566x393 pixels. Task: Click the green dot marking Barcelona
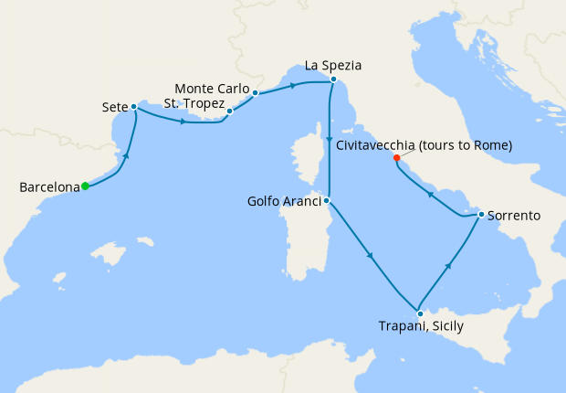(x=85, y=186)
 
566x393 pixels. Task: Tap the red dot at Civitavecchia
(x=396, y=158)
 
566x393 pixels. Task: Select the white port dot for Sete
(x=134, y=106)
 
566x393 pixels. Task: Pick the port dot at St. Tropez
(x=230, y=112)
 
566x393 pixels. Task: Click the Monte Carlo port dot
(x=256, y=92)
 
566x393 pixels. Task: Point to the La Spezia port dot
(x=333, y=80)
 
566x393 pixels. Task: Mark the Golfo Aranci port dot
(x=327, y=201)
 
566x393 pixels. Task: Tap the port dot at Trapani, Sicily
(x=420, y=313)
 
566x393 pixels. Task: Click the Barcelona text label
(x=48, y=187)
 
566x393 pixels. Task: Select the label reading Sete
(x=114, y=107)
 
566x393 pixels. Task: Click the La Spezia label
(x=333, y=66)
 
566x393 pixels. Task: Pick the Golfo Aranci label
(x=283, y=201)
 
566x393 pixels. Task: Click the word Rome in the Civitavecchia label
(x=490, y=145)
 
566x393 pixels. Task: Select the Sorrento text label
(x=514, y=216)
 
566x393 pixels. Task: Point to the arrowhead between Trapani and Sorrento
(x=449, y=265)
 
